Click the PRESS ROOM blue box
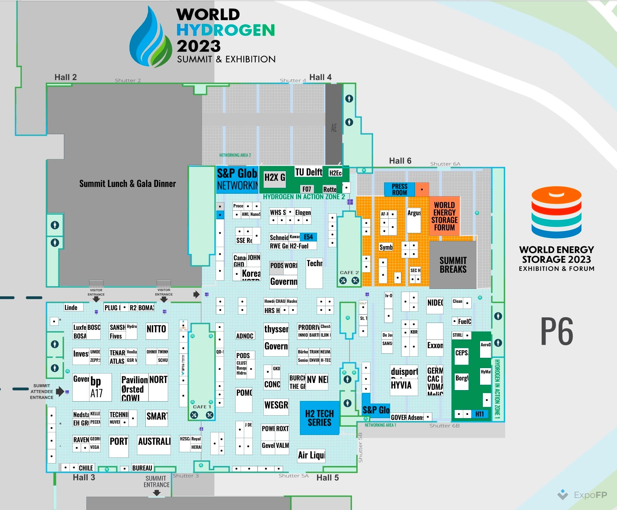click(x=399, y=189)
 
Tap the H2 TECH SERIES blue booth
click(x=319, y=418)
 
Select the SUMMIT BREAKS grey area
click(x=453, y=265)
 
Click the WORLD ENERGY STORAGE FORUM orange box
click(x=444, y=216)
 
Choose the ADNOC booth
click(x=245, y=336)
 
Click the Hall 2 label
click(x=66, y=77)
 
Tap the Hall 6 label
click(x=400, y=161)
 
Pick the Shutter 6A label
click(x=445, y=164)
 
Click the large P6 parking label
click(x=557, y=331)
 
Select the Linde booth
click(x=73, y=307)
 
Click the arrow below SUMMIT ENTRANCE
click(x=157, y=493)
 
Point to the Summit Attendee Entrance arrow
click(x=60, y=391)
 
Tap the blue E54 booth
click(x=308, y=237)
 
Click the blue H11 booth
click(x=479, y=414)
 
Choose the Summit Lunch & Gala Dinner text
click(x=127, y=184)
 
